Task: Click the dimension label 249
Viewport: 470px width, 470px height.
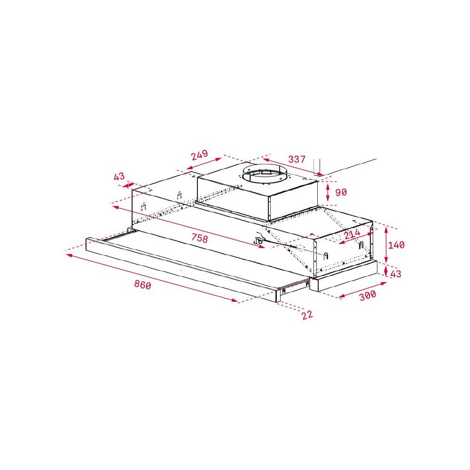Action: coord(200,155)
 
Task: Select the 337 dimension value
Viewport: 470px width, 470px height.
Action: coord(297,159)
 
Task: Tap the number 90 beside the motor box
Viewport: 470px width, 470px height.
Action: coord(341,193)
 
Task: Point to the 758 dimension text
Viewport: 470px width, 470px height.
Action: coord(199,238)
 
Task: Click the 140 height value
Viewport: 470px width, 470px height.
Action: coord(396,245)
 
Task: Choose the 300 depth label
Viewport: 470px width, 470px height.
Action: coord(368,295)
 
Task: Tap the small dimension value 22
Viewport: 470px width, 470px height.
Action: coord(307,315)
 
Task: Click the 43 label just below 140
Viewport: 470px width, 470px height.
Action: coord(396,274)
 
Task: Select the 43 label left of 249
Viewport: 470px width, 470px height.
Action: coord(119,177)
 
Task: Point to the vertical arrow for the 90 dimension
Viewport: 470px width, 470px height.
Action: coord(328,193)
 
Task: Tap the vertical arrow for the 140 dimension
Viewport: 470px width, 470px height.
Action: coord(386,245)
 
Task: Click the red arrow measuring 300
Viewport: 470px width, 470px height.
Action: coord(362,290)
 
